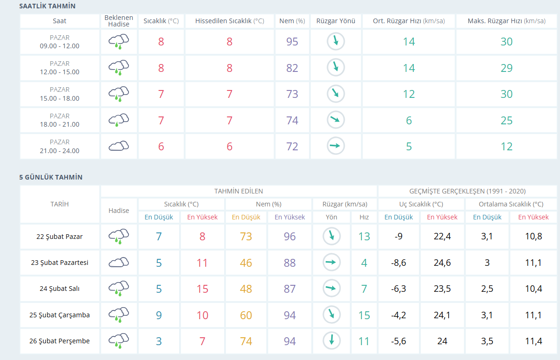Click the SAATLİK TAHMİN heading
[47, 6]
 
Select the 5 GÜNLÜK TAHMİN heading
[51, 177]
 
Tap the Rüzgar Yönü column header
[336, 21]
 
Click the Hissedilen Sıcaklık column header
[230, 21]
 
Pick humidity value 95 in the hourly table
[292, 41]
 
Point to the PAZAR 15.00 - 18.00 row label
[59, 94]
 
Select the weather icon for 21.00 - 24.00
[119, 146]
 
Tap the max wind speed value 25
[507, 121]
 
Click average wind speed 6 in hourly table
[409, 121]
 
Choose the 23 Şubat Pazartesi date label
[59, 263]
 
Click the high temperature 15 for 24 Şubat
[202, 289]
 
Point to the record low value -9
[399, 237]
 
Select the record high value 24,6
[442, 263]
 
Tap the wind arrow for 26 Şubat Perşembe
[332, 340]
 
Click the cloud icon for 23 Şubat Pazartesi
[119, 263]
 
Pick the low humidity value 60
[246, 315]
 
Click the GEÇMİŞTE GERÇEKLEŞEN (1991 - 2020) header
[468, 191]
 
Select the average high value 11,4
[534, 341]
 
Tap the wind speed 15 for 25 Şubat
[364, 315]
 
